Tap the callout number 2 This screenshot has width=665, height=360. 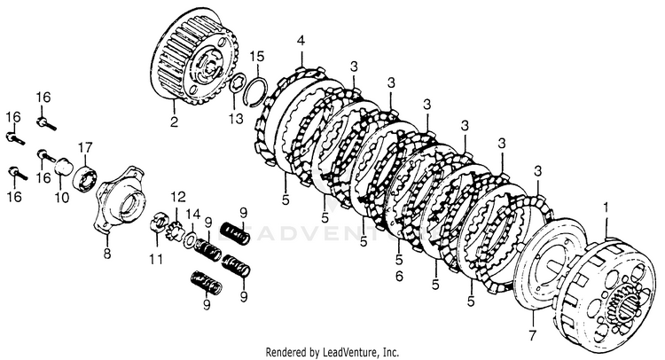pos(175,122)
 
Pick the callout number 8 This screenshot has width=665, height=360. pos(106,255)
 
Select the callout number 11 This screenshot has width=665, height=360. pos(156,259)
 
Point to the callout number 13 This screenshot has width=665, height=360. pos(233,119)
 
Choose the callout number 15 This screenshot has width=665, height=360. pos(256,57)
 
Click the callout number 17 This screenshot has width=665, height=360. pos(86,146)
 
